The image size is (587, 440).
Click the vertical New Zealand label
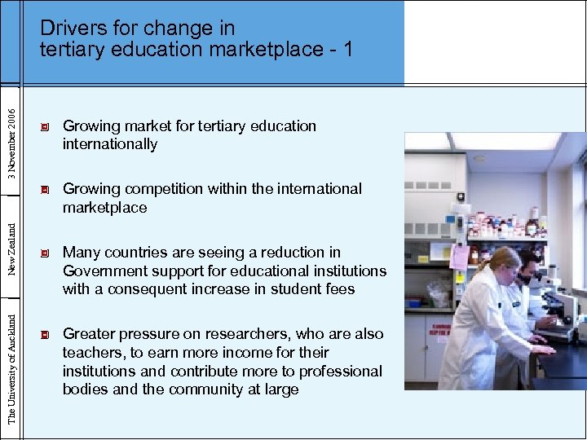click(x=11, y=244)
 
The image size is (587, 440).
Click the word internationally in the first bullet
click(x=110, y=144)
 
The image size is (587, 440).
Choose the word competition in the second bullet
click(x=160, y=189)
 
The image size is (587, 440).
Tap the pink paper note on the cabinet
click(x=459, y=257)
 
